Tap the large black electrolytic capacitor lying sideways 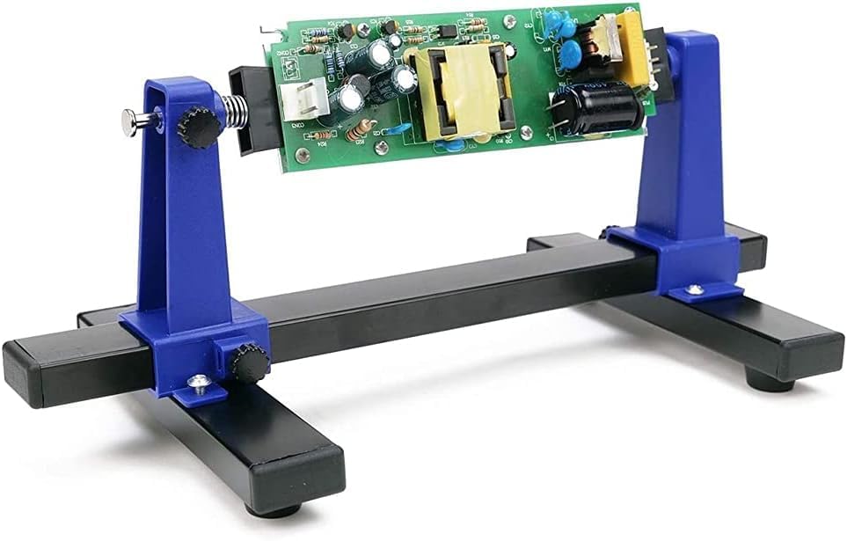597,108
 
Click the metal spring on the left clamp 232,114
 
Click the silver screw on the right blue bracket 695,288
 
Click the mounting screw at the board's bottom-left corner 303,156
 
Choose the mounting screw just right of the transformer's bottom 526,132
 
